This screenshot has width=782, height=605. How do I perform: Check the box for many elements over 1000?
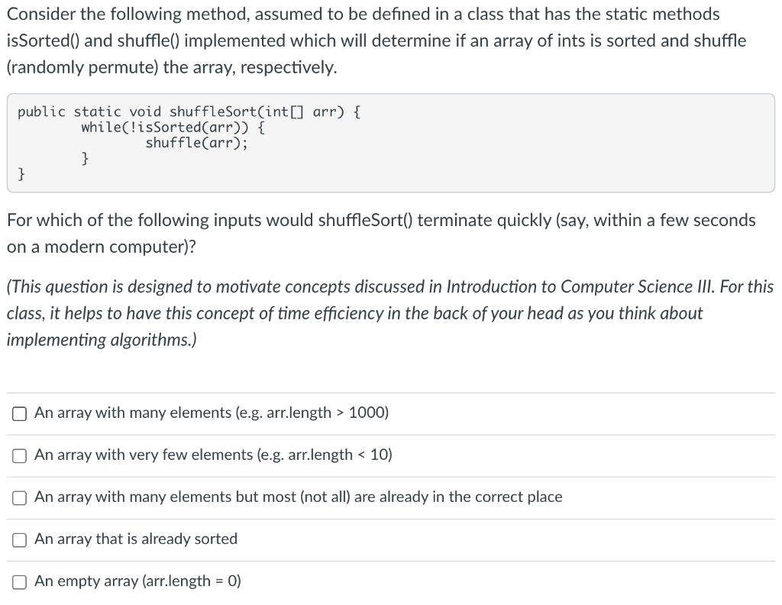(20, 413)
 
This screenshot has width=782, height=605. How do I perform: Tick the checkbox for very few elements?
(20, 455)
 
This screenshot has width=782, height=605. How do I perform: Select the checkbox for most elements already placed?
(20, 497)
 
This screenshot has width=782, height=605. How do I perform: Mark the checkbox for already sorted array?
(20, 539)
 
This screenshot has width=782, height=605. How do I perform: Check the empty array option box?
(20, 581)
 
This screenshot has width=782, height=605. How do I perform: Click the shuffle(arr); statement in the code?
(196, 142)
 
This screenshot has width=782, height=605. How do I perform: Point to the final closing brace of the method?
(22, 174)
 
